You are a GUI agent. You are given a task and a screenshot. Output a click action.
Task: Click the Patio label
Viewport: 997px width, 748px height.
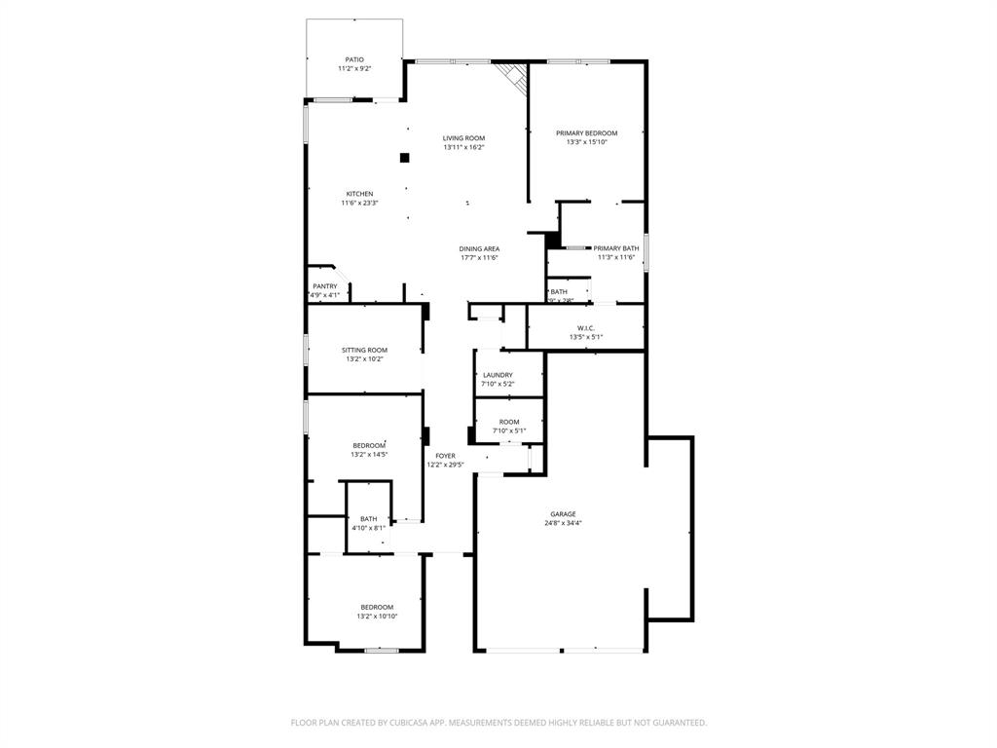coord(354,59)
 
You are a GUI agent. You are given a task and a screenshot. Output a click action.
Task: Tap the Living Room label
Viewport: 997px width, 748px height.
coord(463,138)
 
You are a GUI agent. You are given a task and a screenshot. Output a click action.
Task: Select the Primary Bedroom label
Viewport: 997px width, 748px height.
coord(586,133)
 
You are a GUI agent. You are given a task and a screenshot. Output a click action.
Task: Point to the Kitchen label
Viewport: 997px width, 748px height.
coord(359,194)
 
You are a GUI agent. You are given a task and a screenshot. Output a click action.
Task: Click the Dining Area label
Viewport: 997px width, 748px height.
coord(479,249)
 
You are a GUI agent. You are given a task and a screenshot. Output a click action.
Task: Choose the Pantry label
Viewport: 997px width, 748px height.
coord(324,286)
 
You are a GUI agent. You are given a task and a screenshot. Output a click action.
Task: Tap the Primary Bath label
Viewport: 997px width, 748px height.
coord(616,248)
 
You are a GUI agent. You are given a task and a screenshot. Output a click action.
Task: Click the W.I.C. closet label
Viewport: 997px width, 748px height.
coord(585,328)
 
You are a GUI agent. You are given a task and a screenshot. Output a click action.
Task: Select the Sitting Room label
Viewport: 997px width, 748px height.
coord(364,351)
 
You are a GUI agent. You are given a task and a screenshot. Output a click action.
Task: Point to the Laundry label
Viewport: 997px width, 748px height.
coord(498,375)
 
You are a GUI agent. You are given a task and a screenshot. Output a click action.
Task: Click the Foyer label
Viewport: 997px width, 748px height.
coord(445,456)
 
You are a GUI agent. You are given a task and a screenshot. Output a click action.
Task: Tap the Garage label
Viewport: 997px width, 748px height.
coord(563,514)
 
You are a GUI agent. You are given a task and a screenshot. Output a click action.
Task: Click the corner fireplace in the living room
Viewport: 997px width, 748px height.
coord(511,77)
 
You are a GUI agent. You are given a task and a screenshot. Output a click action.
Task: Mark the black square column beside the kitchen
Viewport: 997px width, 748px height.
coord(404,158)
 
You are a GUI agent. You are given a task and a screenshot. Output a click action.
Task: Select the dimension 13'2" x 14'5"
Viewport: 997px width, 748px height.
coord(369,455)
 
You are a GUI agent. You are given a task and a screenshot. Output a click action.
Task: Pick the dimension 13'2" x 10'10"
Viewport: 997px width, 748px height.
coord(377,617)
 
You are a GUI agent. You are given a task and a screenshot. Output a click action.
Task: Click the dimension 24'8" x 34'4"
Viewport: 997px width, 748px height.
coord(563,524)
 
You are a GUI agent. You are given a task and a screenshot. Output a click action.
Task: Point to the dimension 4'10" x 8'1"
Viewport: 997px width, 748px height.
coord(368,528)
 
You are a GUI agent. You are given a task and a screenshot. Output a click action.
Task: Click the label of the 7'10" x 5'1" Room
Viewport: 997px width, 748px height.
coord(508,422)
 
